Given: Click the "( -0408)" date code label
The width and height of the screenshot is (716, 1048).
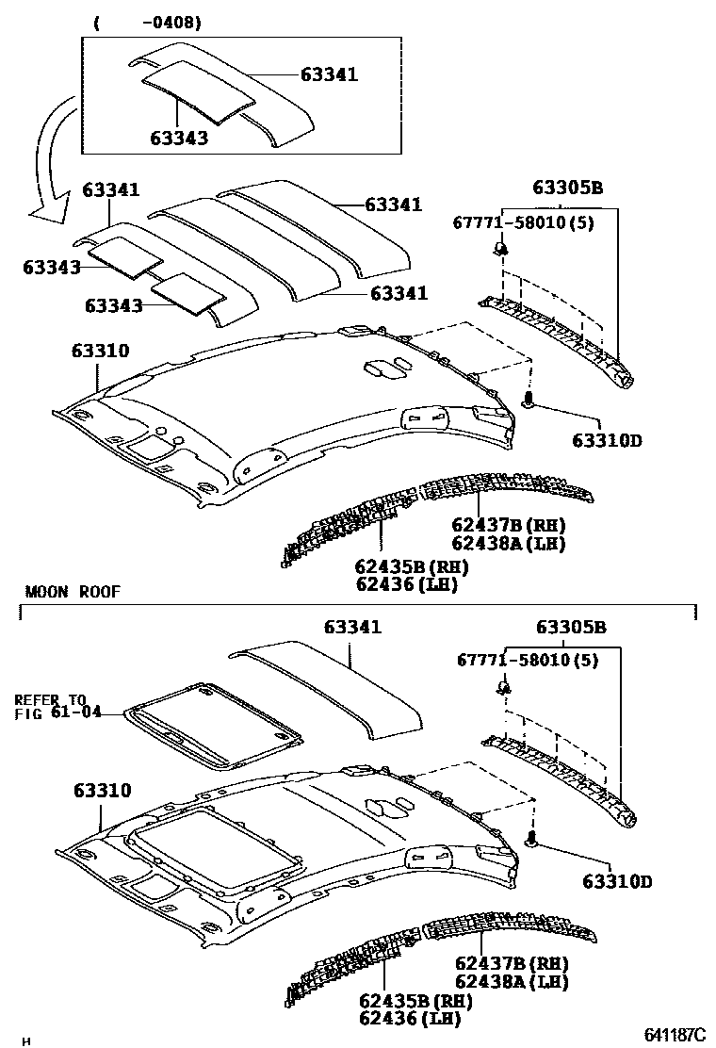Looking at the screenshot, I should [146, 21].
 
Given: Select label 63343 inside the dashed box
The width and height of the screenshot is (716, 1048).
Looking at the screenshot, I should [178, 138].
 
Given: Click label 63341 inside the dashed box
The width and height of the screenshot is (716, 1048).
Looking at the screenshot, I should [329, 74].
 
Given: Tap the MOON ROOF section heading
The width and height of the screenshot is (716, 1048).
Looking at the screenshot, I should [73, 592].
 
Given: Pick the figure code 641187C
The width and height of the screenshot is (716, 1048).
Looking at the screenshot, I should [675, 1035].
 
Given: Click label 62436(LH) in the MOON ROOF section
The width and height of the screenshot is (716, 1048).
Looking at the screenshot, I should [406, 1019].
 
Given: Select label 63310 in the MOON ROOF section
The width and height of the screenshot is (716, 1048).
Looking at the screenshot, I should [101, 790].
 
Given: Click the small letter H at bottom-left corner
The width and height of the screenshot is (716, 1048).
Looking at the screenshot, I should [26, 1040].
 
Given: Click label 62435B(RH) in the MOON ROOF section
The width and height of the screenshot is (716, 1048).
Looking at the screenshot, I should [413, 1001].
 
